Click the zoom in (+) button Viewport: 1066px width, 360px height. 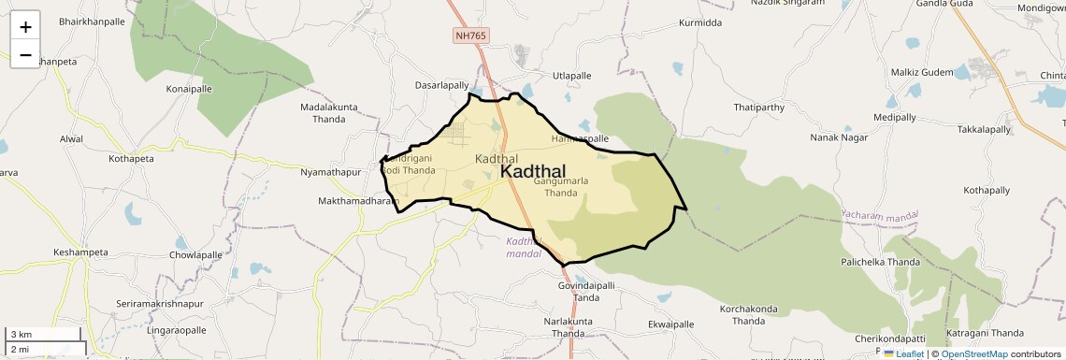25,27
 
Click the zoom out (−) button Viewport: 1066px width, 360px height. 25,54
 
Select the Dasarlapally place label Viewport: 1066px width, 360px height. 441,85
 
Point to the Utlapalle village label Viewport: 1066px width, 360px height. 572,76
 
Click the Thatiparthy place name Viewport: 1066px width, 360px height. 758,108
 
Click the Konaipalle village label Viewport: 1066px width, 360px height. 189,88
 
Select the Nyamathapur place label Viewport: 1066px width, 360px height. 330,173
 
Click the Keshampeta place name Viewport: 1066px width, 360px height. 82,252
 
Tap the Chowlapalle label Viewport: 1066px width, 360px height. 195,255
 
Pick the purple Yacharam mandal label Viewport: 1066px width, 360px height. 879,215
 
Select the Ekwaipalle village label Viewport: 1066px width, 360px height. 670,324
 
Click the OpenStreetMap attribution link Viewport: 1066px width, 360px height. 973,354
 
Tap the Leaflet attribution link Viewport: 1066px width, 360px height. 903,354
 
